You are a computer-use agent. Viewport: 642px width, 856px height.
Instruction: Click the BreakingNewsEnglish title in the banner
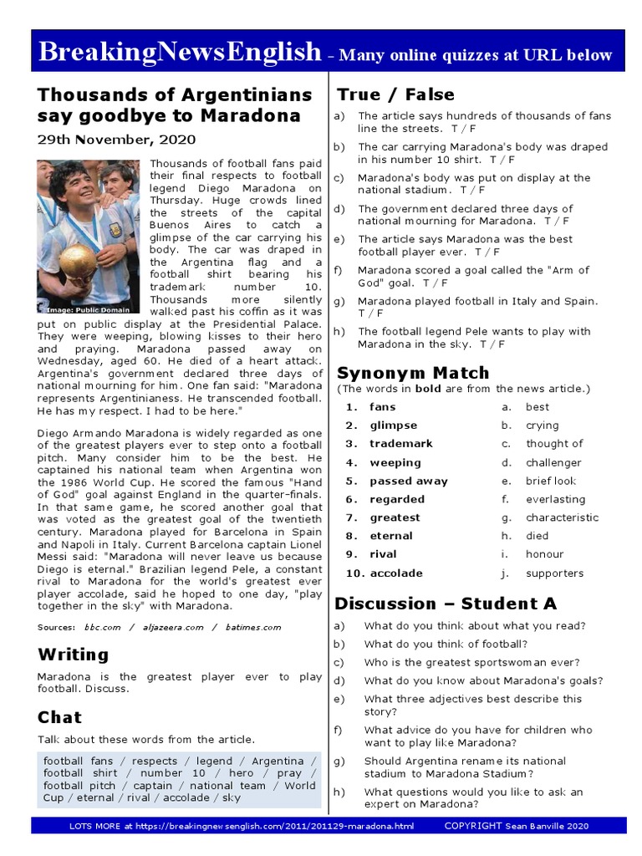(180, 53)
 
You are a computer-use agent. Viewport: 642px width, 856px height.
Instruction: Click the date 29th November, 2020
(116, 140)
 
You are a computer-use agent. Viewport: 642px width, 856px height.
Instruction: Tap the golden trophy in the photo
(78, 263)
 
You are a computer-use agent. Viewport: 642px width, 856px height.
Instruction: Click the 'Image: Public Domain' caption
(90, 309)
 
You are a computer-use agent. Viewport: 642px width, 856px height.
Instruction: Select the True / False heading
(395, 94)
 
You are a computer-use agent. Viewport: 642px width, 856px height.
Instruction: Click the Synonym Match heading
(413, 373)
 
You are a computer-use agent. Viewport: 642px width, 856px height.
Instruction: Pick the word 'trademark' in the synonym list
(401, 444)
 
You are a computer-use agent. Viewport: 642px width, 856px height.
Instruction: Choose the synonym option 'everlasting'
(555, 499)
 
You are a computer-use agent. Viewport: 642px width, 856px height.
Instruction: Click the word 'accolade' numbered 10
(396, 573)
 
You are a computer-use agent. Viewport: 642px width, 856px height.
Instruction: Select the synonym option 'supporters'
(554, 573)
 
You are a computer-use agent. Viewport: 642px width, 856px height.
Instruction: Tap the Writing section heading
(73, 655)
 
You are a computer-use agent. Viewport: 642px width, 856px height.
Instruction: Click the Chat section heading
(59, 717)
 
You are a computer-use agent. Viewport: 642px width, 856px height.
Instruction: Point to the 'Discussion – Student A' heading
(446, 604)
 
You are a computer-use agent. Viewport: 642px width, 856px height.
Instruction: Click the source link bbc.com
(102, 627)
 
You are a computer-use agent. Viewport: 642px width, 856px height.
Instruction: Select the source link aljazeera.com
(172, 627)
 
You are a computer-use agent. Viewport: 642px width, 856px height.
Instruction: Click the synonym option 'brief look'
(551, 481)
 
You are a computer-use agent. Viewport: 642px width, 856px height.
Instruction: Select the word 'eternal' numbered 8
(391, 536)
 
